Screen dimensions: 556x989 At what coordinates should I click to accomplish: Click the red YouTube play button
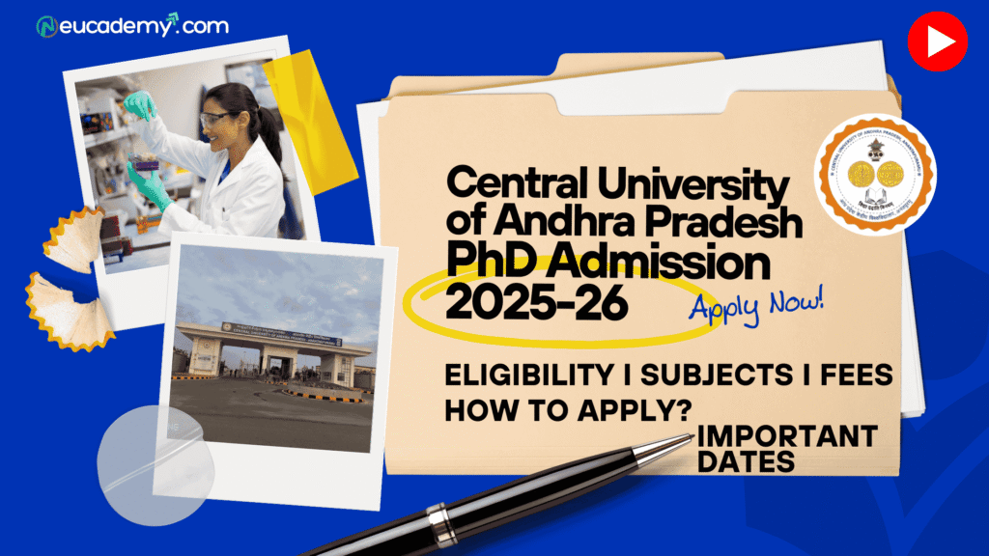pyautogui.click(x=937, y=42)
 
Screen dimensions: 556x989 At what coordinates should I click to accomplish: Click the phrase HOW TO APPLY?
pyautogui.click(x=569, y=408)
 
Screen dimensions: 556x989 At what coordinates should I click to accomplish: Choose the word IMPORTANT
pyautogui.click(x=787, y=435)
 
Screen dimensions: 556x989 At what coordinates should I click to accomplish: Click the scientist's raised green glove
pyautogui.click(x=139, y=104)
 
